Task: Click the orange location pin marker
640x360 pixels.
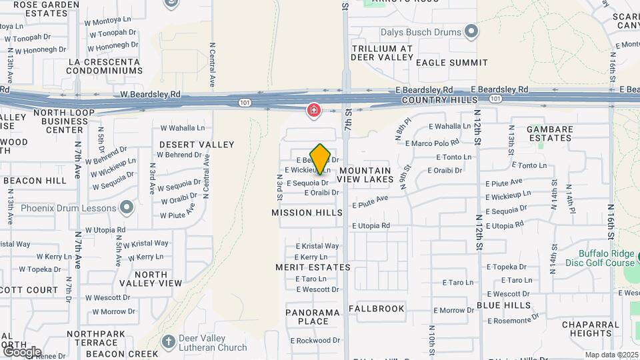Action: [x=320, y=159]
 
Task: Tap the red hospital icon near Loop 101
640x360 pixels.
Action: [x=313, y=110]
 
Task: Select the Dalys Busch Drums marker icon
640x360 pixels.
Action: [x=471, y=31]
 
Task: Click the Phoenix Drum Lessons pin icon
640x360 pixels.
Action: [x=126, y=207]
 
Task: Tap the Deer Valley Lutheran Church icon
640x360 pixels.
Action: [x=169, y=342]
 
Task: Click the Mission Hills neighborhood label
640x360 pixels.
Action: [x=307, y=213]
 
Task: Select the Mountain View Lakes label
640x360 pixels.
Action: [x=364, y=175]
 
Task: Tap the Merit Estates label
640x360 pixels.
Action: [x=313, y=267]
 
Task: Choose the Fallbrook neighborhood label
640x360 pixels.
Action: [x=376, y=309]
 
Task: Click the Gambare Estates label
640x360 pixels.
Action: [x=549, y=133]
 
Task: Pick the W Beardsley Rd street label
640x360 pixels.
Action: [x=151, y=95]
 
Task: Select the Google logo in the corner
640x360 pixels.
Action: [x=22, y=351]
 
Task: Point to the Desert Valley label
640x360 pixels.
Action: [x=197, y=145]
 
